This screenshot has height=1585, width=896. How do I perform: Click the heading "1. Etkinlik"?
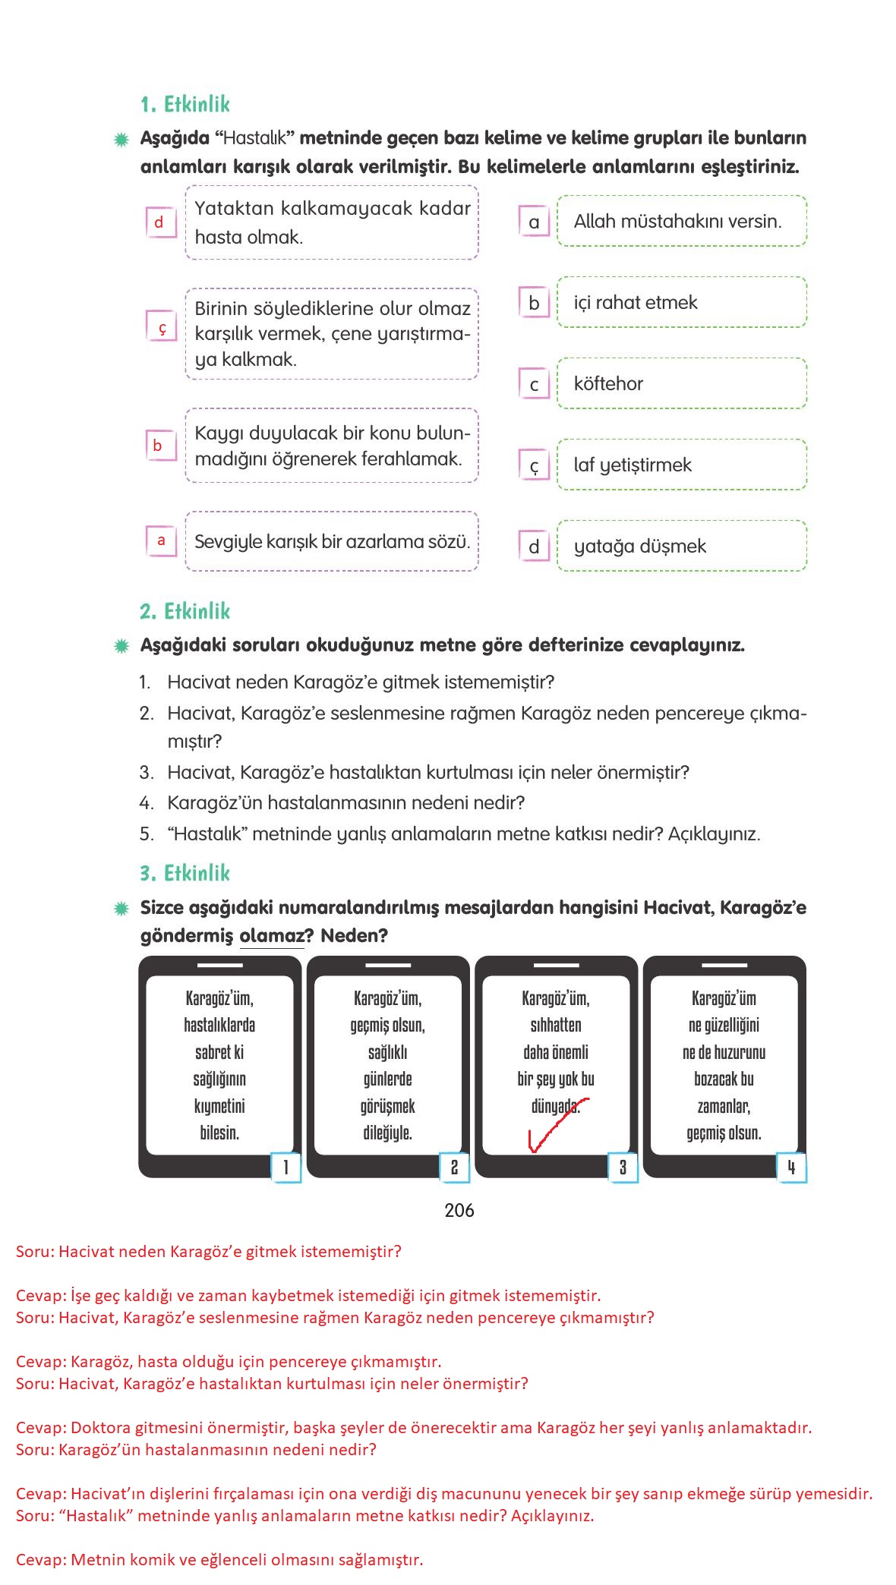[x=185, y=105]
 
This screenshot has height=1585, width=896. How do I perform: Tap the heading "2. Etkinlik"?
[x=185, y=612]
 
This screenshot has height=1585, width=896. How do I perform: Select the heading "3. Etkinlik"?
[x=185, y=873]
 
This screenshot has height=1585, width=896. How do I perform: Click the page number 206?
[x=459, y=1211]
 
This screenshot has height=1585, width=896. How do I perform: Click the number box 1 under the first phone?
[x=286, y=1167]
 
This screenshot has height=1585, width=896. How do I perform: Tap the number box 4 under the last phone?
[x=790, y=1167]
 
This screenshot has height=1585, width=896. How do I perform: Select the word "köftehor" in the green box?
[x=608, y=384]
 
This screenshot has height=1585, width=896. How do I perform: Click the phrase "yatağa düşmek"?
[x=639, y=547]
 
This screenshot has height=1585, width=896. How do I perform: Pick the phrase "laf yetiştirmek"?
[x=633, y=465]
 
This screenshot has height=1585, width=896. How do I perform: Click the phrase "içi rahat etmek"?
[x=635, y=303]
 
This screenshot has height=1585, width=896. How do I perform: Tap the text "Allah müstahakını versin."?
[x=677, y=222]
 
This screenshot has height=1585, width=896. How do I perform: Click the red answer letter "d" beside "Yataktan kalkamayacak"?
[x=159, y=222]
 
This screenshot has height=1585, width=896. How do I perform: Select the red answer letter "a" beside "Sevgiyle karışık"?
[x=161, y=540]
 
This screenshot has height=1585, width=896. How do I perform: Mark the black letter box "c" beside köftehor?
[x=534, y=385]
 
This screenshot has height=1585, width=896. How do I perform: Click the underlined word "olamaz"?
[x=271, y=936]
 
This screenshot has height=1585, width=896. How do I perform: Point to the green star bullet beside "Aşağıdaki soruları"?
[x=121, y=646]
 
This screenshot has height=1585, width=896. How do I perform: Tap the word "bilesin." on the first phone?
[x=219, y=1133]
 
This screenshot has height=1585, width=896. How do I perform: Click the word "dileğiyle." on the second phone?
[x=387, y=1133]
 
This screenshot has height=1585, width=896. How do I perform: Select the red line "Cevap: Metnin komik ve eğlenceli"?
[x=219, y=1560]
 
